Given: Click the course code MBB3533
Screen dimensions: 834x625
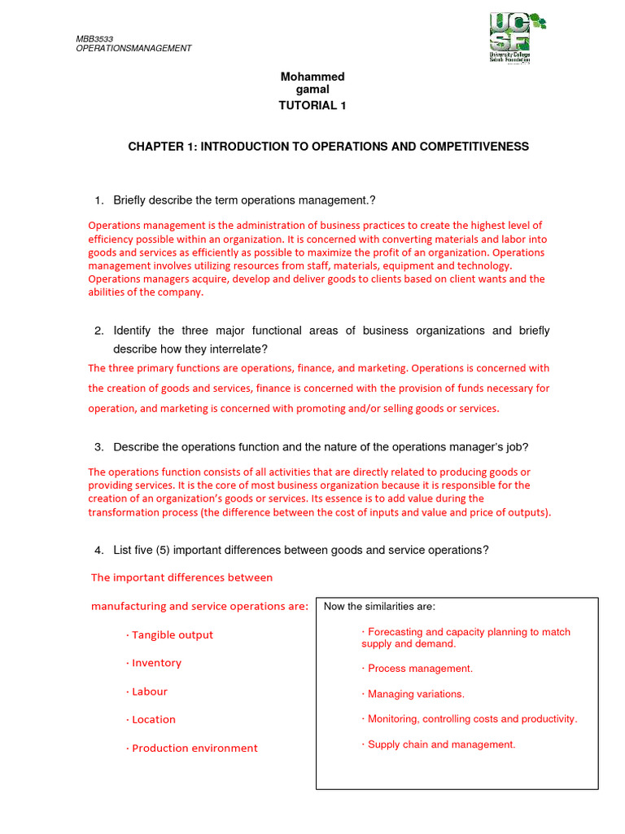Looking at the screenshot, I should click(x=95, y=38).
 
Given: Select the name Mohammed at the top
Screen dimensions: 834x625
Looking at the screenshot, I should click(x=312, y=77).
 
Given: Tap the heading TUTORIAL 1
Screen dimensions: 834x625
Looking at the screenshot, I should click(x=312, y=105).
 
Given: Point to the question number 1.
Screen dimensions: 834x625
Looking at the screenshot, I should click(x=98, y=200).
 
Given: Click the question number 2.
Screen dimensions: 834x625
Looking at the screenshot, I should click(x=98, y=331).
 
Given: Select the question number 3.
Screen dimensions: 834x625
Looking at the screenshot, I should click(x=98, y=447).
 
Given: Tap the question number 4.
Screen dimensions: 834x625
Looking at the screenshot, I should click(x=98, y=551).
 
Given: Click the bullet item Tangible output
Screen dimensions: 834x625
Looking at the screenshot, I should click(x=172, y=635).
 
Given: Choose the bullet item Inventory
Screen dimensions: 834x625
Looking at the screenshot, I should click(x=156, y=663).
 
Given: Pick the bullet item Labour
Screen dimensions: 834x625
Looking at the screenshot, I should click(x=149, y=691).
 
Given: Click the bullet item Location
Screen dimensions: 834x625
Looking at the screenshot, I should click(x=153, y=720).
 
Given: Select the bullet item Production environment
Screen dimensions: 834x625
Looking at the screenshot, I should click(x=194, y=748).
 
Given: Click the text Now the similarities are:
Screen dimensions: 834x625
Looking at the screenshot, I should click(x=379, y=607).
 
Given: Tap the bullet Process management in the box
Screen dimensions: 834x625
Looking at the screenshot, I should click(x=419, y=669).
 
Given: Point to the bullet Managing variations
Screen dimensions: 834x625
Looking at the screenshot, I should click(x=415, y=695).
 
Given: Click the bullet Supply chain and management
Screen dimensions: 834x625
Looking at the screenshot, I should click(x=440, y=744).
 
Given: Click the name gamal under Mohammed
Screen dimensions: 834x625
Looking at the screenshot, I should click(x=312, y=89).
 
